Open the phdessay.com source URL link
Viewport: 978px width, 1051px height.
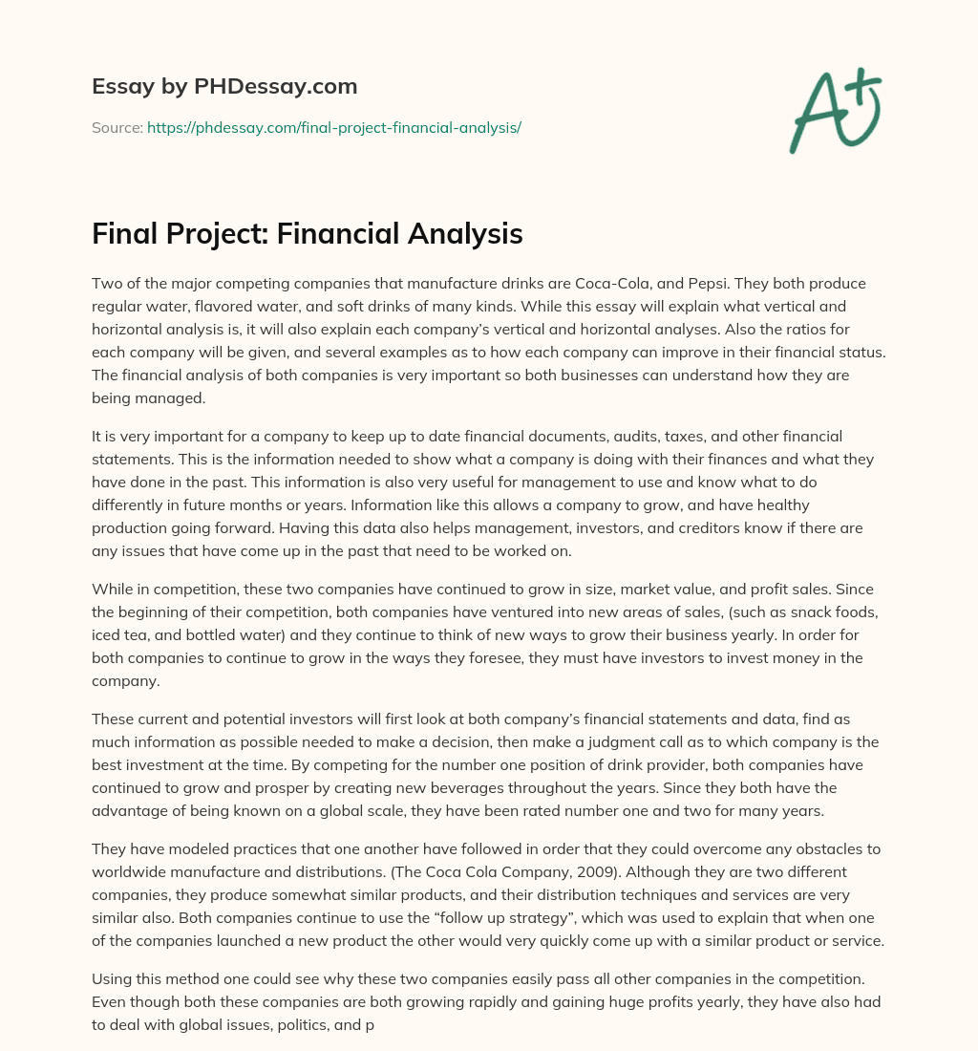coord(333,127)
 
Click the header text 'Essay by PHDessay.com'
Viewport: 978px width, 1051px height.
coord(224,86)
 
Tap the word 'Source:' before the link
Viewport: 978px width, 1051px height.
coord(117,127)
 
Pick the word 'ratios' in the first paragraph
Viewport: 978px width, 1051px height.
coord(808,329)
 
